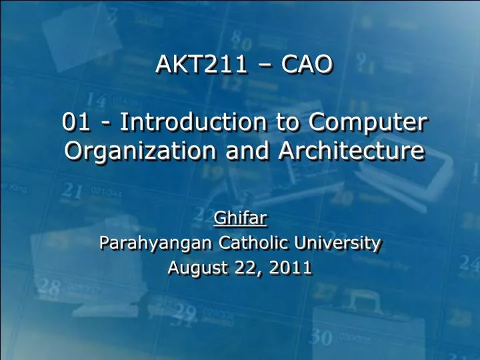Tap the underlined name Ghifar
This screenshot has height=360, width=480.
click(239, 217)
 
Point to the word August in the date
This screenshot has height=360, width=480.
click(195, 268)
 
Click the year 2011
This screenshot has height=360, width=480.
click(291, 268)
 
